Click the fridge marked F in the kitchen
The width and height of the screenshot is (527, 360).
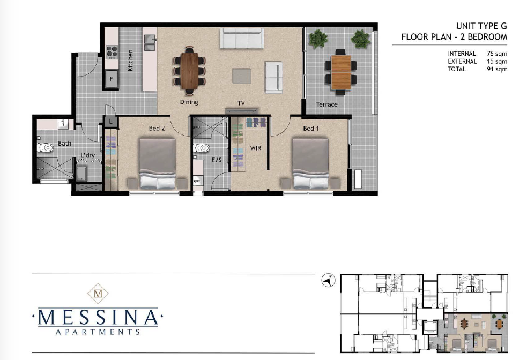pyautogui.click(x=112, y=79)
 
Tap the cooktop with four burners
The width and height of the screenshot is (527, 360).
pyautogui.click(x=112, y=52)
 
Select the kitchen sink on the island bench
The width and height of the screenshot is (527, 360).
pyautogui.click(x=150, y=42)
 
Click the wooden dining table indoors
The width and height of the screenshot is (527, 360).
pyautogui.click(x=190, y=71)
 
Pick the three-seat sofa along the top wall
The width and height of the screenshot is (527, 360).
pyautogui.click(x=242, y=38)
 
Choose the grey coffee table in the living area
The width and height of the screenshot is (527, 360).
pyautogui.click(x=242, y=76)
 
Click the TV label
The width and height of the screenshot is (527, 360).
pyautogui.click(x=241, y=103)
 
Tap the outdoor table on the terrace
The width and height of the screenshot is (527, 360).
pyautogui.click(x=341, y=72)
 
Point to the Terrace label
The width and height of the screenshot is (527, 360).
pyautogui.click(x=326, y=104)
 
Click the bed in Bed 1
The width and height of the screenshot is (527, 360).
pyautogui.click(x=310, y=163)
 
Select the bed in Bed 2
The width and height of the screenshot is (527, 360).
pyautogui.click(x=158, y=163)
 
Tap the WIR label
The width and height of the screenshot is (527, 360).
pyautogui.click(x=255, y=148)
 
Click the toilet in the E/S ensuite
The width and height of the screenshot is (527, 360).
pyautogui.click(x=201, y=148)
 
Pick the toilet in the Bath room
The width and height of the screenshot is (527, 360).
pyautogui.click(x=45, y=147)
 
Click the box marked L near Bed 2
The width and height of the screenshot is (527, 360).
pyautogui.click(x=111, y=122)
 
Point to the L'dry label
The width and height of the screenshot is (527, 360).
pyautogui.click(x=88, y=155)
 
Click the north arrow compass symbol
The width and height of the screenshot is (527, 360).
pyautogui.click(x=328, y=280)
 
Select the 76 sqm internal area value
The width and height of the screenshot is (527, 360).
pyautogui.click(x=497, y=54)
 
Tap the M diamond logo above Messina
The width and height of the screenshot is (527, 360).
pyautogui.click(x=98, y=294)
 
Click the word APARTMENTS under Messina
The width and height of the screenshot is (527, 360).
pyautogui.click(x=98, y=332)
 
